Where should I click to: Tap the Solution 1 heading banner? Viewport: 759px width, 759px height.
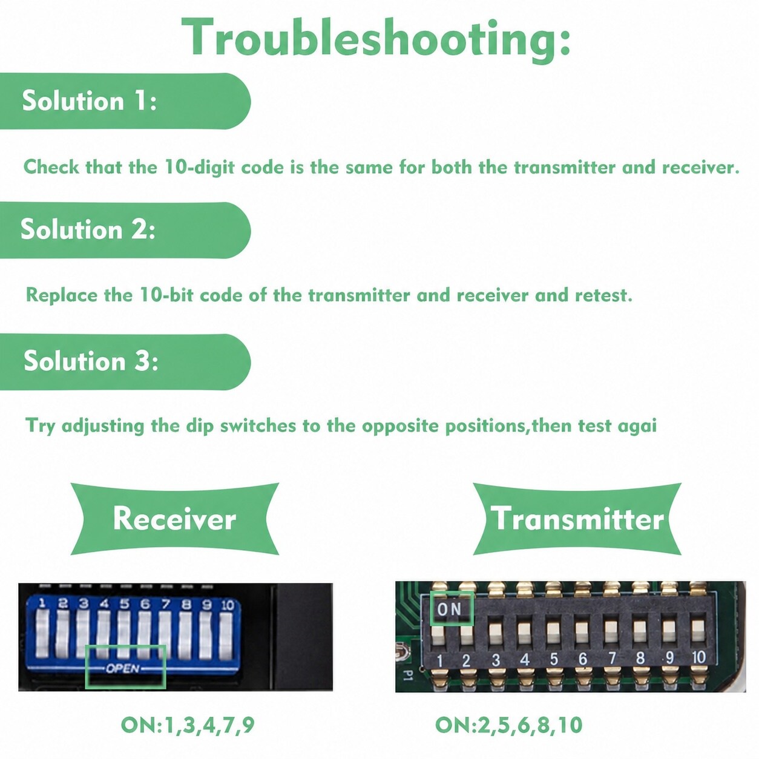[125, 101]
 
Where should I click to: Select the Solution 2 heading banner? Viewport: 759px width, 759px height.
[125, 230]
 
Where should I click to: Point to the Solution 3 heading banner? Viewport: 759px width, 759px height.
[125, 361]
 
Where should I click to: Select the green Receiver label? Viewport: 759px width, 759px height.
[174, 519]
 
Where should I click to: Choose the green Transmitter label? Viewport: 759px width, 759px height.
[577, 519]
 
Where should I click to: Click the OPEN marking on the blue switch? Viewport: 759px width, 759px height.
[123, 668]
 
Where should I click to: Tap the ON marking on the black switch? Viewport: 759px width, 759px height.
[449, 609]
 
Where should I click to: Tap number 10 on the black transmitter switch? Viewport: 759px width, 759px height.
[698, 657]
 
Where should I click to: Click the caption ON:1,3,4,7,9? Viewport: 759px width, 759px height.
[188, 726]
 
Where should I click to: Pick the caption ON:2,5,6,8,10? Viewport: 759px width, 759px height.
[508, 726]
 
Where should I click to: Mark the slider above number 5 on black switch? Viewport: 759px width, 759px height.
[554, 629]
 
